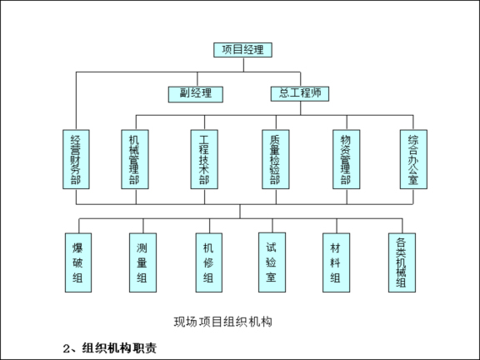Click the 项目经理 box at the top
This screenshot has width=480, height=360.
pos(242,49)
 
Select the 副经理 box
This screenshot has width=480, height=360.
pos(190,92)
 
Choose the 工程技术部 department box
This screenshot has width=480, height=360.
pos(199,158)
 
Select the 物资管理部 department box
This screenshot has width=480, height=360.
pos(343,158)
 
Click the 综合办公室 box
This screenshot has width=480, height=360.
pos(408,158)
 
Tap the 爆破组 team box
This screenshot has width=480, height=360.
pos(79,262)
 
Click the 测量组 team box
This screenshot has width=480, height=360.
pos(142,262)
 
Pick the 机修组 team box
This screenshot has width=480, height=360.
pos(207,262)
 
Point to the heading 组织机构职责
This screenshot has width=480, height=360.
pos(122,347)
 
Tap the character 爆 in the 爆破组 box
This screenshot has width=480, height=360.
pos(79,247)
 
